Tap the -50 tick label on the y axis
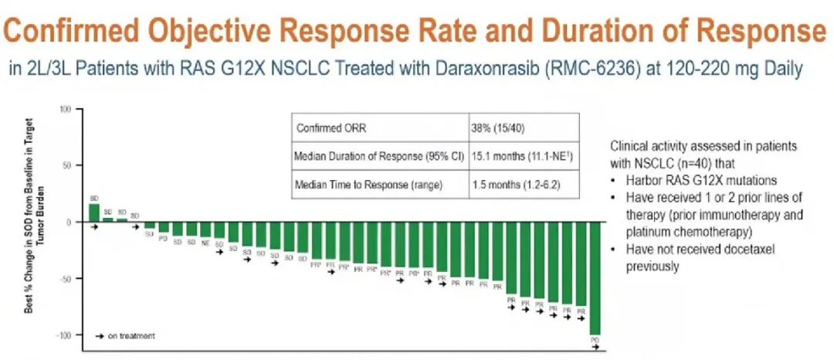pyautogui.click(x=65, y=278)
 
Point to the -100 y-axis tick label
pyautogui.click(x=63, y=335)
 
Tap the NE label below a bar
pyautogui.click(x=205, y=243)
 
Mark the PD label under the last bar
pyautogui.click(x=595, y=340)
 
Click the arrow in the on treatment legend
pyautogui.click(x=99, y=336)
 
